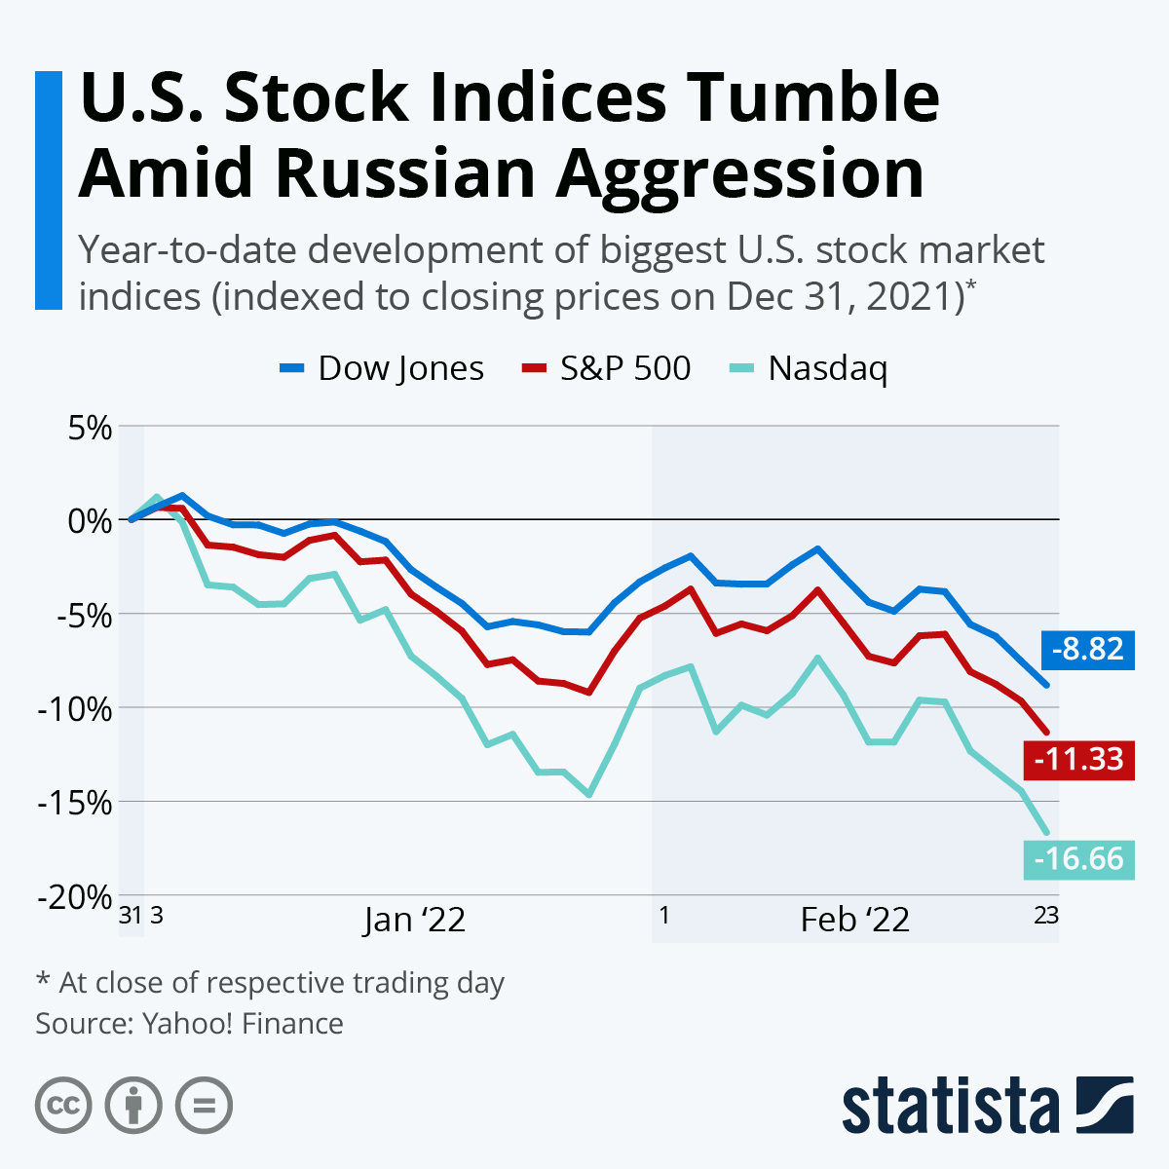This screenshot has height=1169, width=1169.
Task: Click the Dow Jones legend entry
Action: click(x=382, y=368)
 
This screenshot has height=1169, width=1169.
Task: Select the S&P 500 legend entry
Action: click(x=607, y=368)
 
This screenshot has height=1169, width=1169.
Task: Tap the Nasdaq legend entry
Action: click(x=809, y=368)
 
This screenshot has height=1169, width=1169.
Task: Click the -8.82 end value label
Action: click(x=1087, y=649)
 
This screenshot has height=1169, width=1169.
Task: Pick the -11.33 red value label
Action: click(x=1079, y=759)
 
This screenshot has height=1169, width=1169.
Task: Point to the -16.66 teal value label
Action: click(x=1079, y=859)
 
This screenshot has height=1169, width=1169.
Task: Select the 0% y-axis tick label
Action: click(x=90, y=520)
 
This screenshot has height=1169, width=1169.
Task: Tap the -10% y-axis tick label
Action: click(x=76, y=708)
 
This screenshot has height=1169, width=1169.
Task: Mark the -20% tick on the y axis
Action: click(x=76, y=897)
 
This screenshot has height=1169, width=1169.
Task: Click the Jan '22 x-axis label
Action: click(x=414, y=920)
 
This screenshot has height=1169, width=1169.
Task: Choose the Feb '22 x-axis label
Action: click(x=854, y=920)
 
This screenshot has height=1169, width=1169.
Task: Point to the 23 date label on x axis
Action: click(x=1045, y=916)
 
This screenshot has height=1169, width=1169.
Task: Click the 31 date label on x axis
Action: click(x=130, y=916)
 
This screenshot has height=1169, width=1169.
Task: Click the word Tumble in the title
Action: click(x=804, y=97)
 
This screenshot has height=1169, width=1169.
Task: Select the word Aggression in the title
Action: click(x=740, y=173)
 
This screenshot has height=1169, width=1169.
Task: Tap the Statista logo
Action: click(x=987, y=1105)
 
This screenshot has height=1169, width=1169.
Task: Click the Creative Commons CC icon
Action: click(x=63, y=1106)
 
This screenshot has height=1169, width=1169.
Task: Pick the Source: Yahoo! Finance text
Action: click(x=189, y=1024)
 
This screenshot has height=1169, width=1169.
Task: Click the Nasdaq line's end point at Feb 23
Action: click(x=1047, y=833)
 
